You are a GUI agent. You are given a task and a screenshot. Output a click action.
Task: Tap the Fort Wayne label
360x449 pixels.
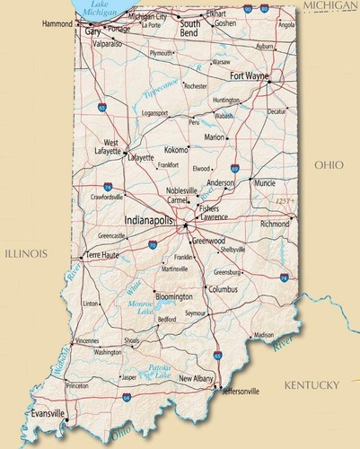coord(249,76)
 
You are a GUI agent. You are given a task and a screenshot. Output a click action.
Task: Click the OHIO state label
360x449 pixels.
coord(329,165)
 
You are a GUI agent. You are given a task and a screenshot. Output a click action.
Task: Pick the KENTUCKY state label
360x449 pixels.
coord(312,385)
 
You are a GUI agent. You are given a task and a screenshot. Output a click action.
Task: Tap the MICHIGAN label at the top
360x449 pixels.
coord(329,5)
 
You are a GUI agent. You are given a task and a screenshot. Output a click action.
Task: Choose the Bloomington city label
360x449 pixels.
coord(173,296)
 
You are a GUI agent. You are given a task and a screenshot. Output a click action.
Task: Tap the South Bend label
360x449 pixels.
coord(190,25)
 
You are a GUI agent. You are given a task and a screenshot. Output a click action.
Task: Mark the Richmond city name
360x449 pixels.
coord(275,224)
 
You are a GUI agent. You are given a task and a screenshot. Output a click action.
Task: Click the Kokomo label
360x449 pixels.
coord(177,150)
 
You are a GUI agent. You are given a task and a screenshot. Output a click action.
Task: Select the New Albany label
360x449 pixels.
coord(197,380)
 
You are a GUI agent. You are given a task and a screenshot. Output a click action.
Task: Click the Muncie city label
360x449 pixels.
coord(265,183)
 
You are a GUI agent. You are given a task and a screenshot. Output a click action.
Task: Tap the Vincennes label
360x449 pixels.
coord(87,341)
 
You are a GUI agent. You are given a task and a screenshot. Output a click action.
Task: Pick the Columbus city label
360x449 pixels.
coord(224,289)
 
